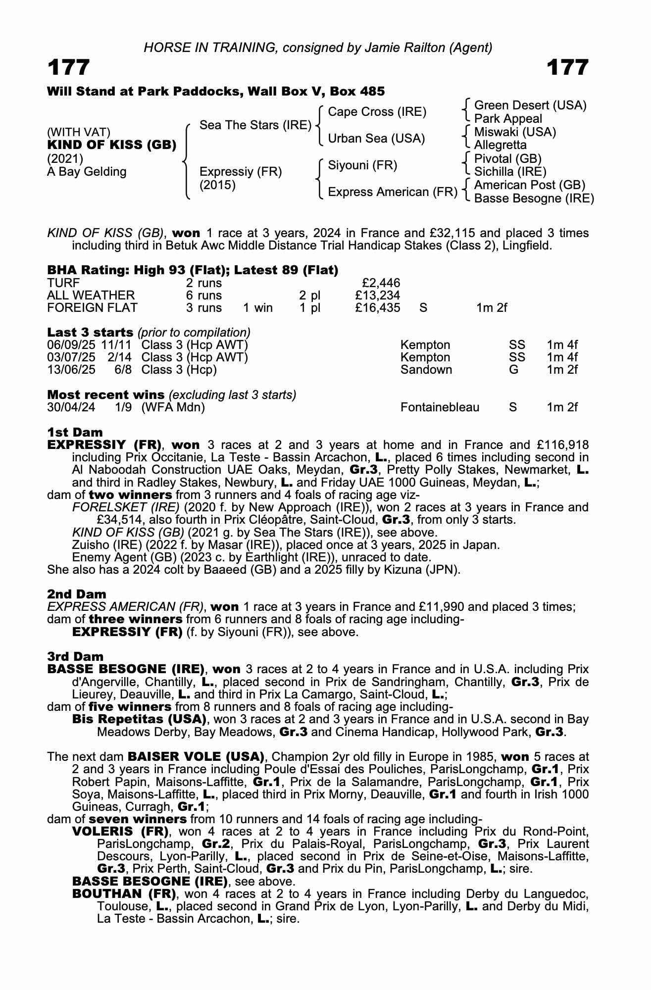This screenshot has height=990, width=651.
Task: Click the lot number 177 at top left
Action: (x=69, y=67)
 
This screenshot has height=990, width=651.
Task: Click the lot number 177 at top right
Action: (x=567, y=67)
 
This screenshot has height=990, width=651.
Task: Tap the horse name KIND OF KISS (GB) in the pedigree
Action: (x=112, y=146)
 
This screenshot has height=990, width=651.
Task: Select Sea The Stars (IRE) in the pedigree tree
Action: (x=255, y=125)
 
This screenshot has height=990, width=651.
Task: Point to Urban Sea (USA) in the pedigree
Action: (x=376, y=139)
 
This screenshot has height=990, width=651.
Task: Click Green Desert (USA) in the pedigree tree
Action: (x=530, y=105)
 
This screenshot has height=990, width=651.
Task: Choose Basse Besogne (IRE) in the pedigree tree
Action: (x=534, y=198)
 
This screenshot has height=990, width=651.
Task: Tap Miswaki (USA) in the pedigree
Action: (x=515, y=132)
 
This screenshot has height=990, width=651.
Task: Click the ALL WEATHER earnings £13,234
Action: (x=378, y=296)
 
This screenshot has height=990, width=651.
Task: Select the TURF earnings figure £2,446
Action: (x=381, y=283)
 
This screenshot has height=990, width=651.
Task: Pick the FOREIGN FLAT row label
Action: (x=92, y=308)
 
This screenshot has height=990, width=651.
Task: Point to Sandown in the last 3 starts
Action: (x=426, y=370)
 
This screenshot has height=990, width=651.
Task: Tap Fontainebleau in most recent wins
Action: (x=440, y=407)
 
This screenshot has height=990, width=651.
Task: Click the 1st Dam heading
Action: (x=75, y=433)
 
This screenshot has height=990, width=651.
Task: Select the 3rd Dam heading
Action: (x=75, y=657)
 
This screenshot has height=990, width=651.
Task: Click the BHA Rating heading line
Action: (x=193, y=270)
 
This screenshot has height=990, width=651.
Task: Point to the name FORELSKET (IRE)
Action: (x=126, y=507)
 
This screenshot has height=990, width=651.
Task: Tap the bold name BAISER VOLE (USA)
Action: (x=196, y=757)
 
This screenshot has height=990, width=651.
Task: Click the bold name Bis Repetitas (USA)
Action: (x=139, y=719)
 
